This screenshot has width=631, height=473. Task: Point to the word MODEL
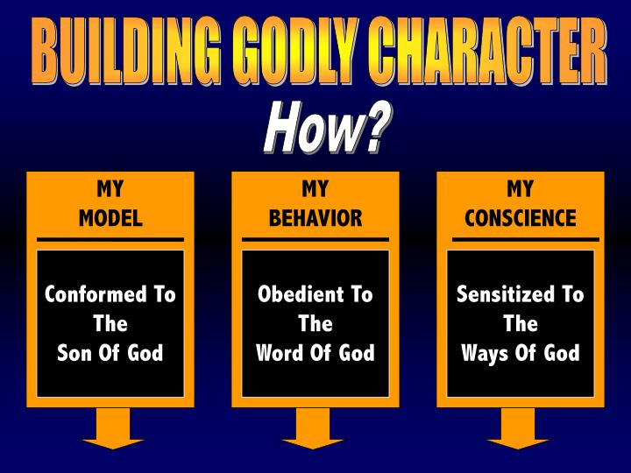(110, 218)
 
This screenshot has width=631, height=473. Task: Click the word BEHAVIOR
(315, 218)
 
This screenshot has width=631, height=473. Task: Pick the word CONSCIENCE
(521, 218)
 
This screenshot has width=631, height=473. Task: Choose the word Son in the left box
(75, 353)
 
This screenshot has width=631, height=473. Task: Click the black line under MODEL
(110, 239)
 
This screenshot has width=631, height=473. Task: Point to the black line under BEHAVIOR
(315, 239)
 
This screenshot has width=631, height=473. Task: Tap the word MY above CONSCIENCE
(521, 190)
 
